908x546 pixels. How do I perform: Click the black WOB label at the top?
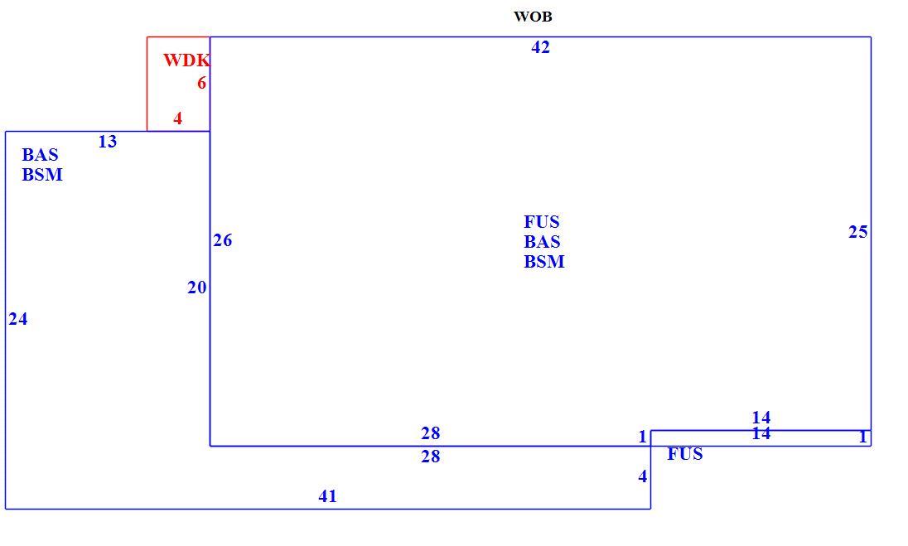point(533,17)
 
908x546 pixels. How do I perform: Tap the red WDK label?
point(186,60)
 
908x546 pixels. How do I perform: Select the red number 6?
point(201,84)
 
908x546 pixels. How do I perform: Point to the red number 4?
point(178,118)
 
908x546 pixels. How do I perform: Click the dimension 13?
point(108,142)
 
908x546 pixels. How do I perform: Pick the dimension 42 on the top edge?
point(540,47)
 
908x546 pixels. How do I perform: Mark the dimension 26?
point(222,240)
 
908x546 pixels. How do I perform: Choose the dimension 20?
point(197,287)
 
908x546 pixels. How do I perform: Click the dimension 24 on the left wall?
point(18,319)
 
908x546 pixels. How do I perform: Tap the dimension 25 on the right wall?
point(858,232)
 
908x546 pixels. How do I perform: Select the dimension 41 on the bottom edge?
point(328,496)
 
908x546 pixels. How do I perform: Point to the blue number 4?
point(643,476)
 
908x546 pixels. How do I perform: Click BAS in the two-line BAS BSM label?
point(40,155)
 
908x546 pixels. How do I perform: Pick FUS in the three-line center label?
point(542,222)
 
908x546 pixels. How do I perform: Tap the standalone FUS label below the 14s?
point(685,454)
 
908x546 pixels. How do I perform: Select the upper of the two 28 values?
point(431,433)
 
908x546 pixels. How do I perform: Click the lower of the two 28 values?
point(431,457)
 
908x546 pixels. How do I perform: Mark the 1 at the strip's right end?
point(862,437)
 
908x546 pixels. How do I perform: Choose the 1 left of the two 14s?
point(642,437)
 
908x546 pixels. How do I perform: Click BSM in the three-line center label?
point(544,262)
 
